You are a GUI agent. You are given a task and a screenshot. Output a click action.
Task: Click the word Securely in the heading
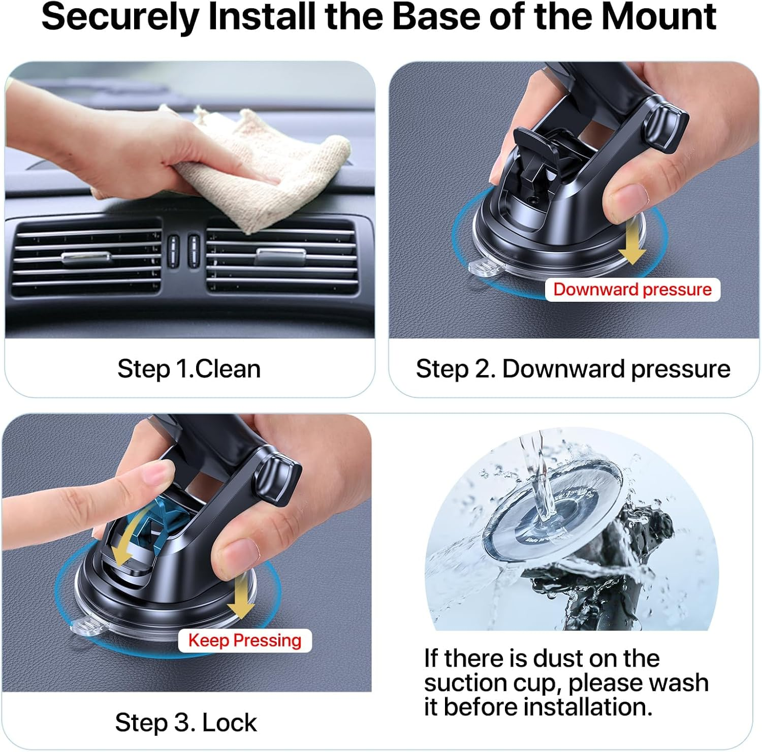[120, 17]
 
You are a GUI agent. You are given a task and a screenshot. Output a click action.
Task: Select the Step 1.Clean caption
[188, 369]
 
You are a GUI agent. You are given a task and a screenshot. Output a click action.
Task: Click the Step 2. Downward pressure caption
[573, 369]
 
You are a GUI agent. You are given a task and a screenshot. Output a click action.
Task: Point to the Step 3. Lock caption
[185, 723]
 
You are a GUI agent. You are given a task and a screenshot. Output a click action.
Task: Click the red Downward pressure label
[632, 290]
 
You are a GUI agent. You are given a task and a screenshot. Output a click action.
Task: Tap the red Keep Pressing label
[244, 640]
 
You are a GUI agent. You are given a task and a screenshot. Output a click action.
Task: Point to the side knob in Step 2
[665, 127]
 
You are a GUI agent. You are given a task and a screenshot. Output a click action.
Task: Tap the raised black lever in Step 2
[533, 152]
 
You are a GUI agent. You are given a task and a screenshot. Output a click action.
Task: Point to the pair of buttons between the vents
[183, 247]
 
